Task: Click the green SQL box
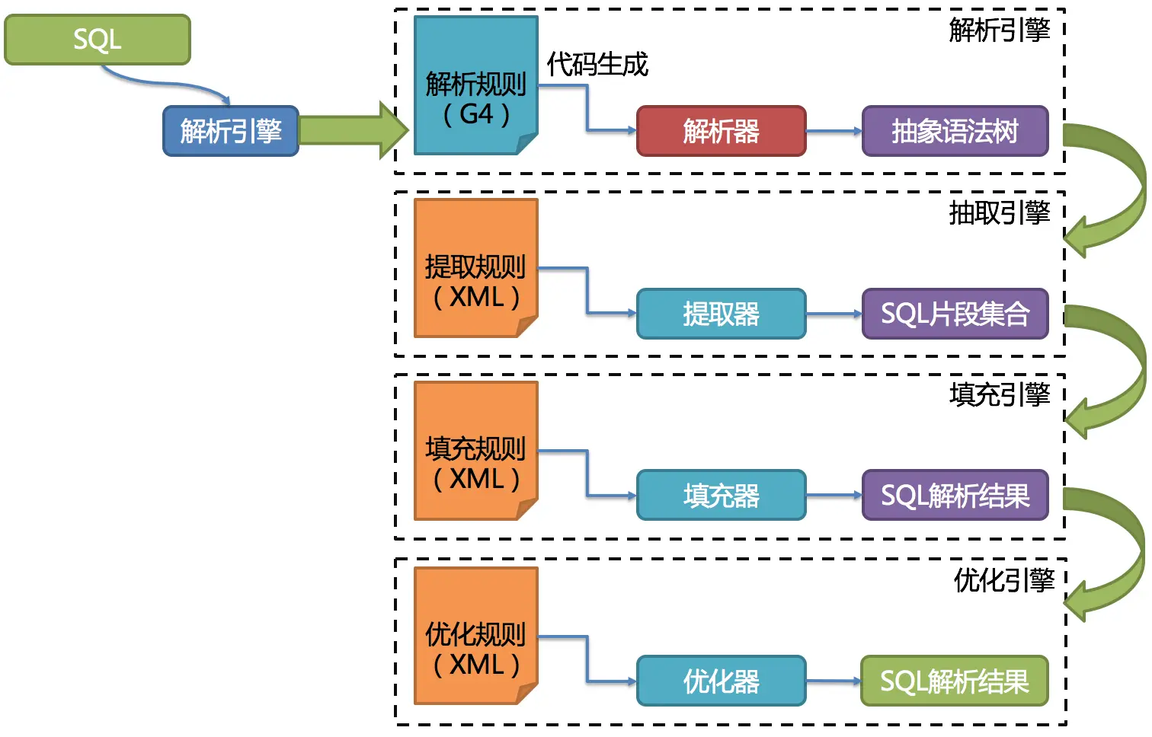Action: [98, 40]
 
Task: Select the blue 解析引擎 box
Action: [231, 131]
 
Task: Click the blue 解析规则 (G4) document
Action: [475, 85]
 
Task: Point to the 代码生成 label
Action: [597, 65]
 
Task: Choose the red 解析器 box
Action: [721, 131]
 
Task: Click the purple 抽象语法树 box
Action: [955, 131]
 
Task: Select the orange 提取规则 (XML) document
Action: [475, 268]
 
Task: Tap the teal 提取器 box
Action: [721, 314]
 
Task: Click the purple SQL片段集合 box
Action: [955, 314]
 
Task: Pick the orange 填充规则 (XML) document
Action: [475, 451]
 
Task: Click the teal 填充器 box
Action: [721, 496]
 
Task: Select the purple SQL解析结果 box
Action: [955, 496]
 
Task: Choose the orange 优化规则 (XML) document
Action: [475, 636]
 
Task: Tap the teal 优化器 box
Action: [721, 681]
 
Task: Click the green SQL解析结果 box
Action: [955, 681]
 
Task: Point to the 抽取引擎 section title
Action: [999, 212]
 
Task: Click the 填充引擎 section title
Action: [999, 394]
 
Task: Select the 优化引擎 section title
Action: [1003, 580]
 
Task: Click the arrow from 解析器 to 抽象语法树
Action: [834, 131]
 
